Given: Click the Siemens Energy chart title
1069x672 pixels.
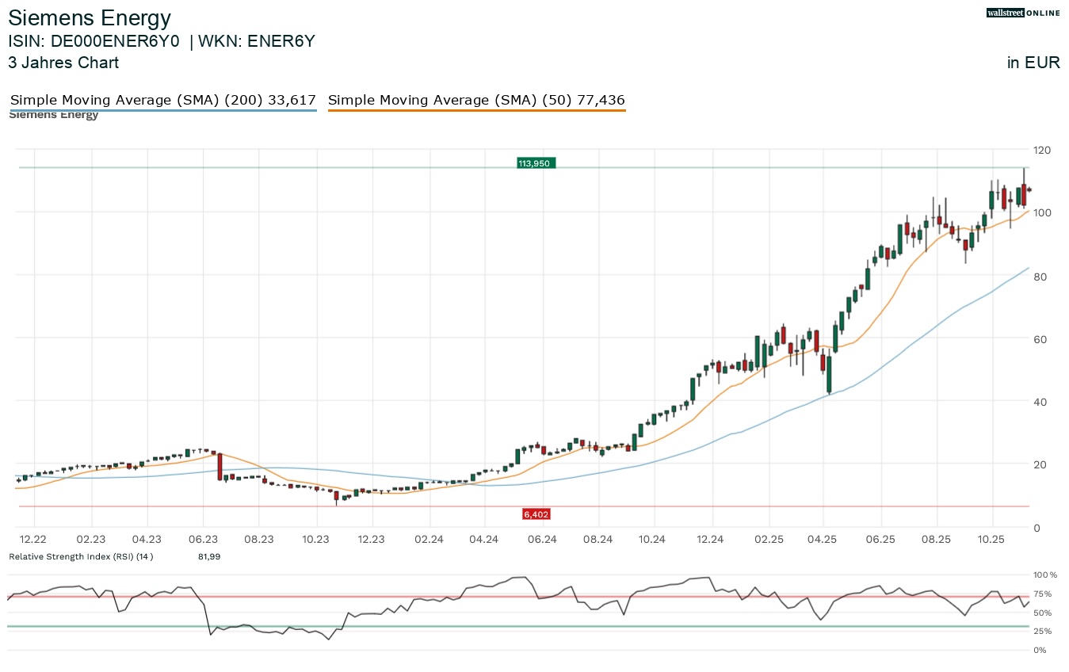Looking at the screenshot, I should click(90, 17).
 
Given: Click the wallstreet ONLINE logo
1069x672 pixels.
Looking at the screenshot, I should click(1023, 13).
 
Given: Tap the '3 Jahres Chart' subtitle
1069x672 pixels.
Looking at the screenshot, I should click(63, 63).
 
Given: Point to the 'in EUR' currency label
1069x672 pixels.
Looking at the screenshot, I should click(1033, 63).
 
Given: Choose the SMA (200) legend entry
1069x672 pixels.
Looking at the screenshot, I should click(162, 101).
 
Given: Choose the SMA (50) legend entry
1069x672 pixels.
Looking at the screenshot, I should click(476, 101).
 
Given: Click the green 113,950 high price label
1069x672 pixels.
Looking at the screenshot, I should click(536, 163).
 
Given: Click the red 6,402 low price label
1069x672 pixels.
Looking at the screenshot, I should click(536, 514).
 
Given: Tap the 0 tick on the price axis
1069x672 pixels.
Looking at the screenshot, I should click(1037, 528).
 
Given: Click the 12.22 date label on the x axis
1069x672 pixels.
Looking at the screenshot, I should click(33, 540).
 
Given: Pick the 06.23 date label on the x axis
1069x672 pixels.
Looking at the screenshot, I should click(203, 540).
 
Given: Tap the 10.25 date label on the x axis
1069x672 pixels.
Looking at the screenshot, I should click(992, 540).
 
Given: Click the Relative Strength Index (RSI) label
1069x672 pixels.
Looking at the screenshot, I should click(80, 557).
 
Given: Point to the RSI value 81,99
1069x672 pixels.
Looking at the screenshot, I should click(209, 557).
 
